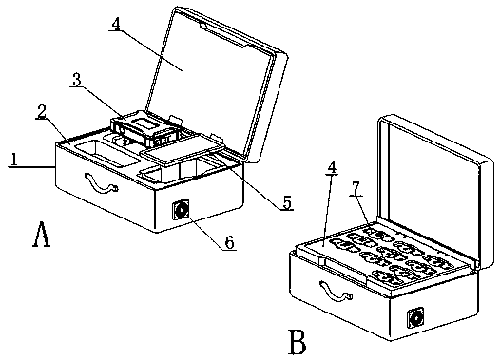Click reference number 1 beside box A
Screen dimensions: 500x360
(14, 160)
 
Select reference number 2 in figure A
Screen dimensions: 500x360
(41, 111)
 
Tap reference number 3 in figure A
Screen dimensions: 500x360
(77, 80)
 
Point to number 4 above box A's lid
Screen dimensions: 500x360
(116, 24)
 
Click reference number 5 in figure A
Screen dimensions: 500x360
(287, 202)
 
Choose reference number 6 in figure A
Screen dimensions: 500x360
(230, 242)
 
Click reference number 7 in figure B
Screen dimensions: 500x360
(356, 189)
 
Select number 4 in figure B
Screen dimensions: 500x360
(332, 167)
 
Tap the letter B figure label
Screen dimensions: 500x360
(298, 342)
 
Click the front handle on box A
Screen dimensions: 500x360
(100, 183)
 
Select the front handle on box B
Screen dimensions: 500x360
(336, 291)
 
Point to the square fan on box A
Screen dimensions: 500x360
(182, 210)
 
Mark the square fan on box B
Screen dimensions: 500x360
(416, 317)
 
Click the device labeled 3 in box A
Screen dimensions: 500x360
(144, 127)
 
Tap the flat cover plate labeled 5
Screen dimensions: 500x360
(183, 149)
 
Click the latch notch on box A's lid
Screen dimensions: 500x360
(203, 25)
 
